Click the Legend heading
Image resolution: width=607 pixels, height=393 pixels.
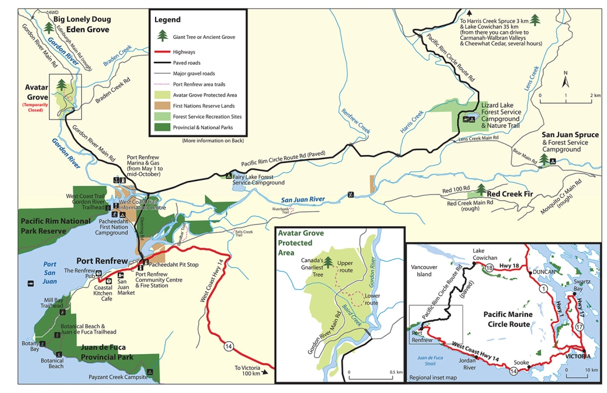(168, 19)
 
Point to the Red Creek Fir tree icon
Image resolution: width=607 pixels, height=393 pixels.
(481, 189)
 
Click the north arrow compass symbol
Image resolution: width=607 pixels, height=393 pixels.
(565, 78)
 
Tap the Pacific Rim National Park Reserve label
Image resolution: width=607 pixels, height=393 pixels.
(56, 225)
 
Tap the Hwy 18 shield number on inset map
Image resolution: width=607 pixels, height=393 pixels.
(489, 267)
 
